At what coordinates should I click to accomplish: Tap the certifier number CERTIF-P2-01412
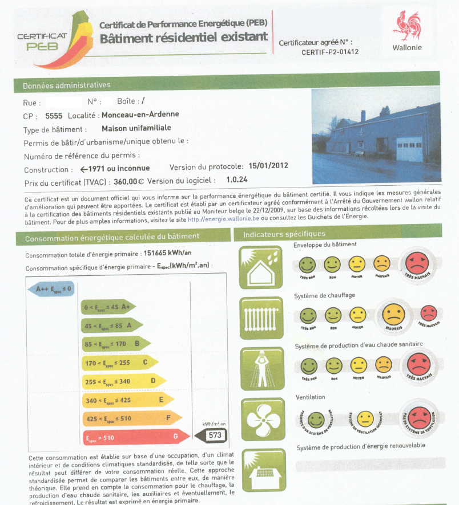[330, 52]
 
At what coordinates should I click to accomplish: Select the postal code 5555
[54, 115]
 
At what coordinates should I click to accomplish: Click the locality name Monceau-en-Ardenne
[140, 115]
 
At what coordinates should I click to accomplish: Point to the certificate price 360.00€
[128, 181]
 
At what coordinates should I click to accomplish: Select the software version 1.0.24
[236, 181]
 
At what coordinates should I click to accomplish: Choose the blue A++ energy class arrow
[51, 289]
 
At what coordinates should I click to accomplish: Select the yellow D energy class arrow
[123, 381]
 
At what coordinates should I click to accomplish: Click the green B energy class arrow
[115, 344]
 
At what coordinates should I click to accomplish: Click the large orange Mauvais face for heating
[393, 315]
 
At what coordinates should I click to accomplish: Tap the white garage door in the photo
[409, 148]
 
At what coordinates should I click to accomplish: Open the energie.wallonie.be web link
[223, 218]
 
